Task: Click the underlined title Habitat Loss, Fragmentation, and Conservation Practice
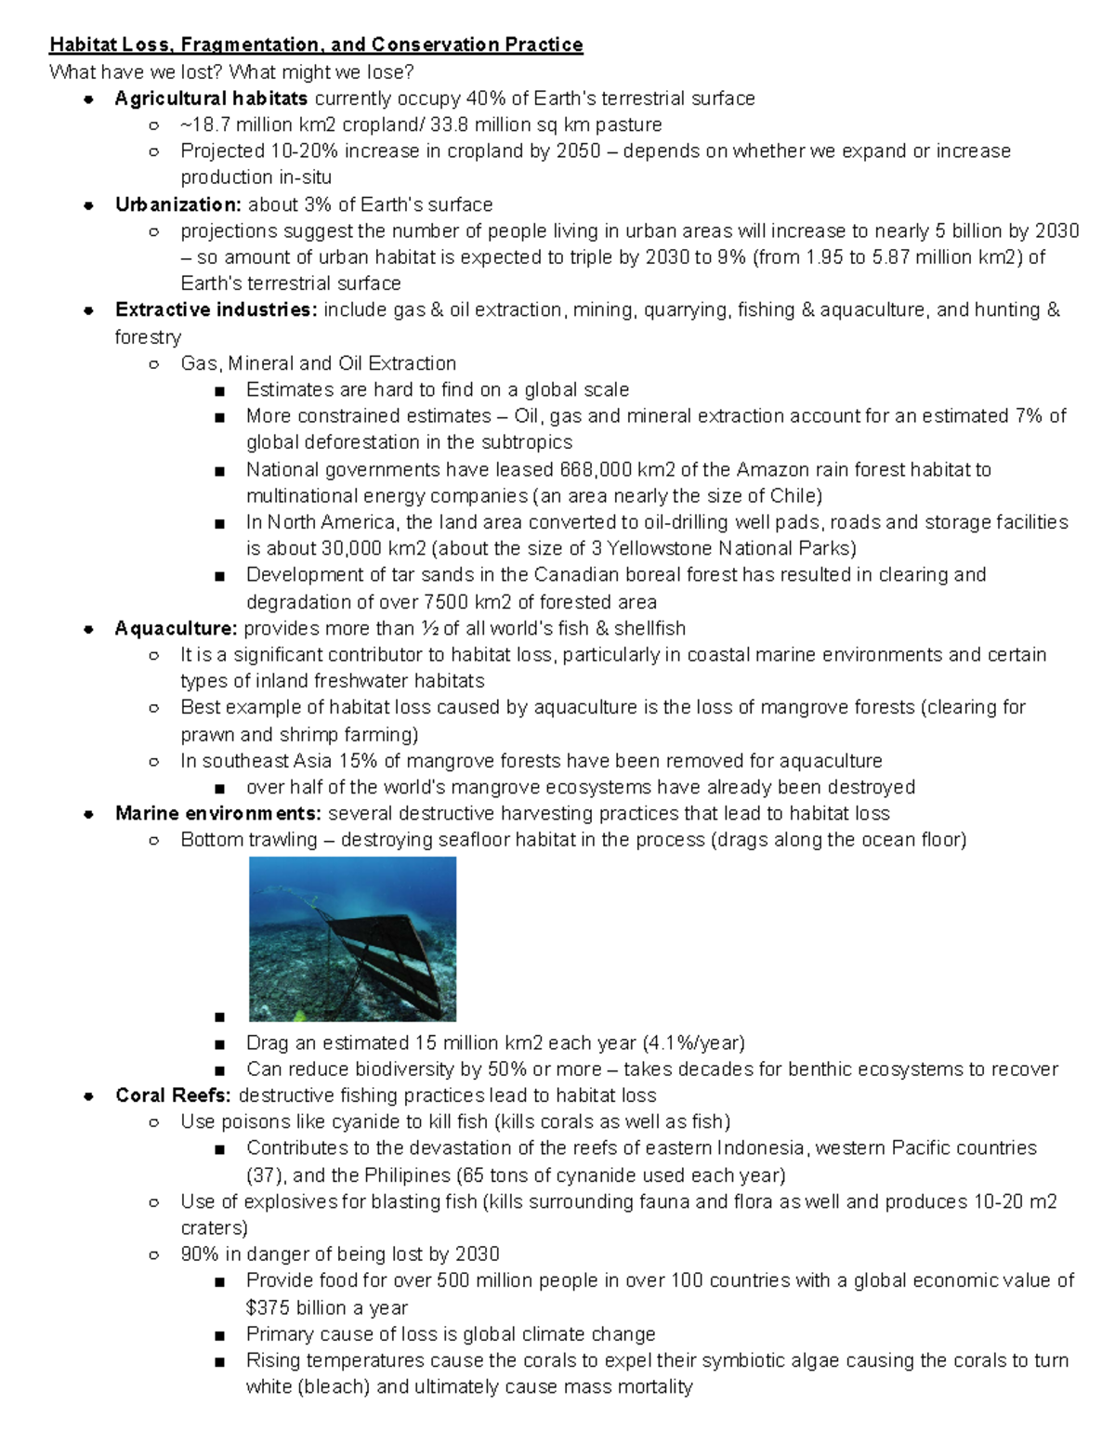(316, 45)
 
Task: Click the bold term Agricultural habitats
(211, 98)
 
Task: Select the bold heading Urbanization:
(178, 204)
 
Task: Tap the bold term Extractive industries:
(216, 309)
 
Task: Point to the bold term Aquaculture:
(176, 628)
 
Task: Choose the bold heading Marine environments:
(218, 814)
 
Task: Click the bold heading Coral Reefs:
(173, 1095)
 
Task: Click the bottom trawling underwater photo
(352, 938)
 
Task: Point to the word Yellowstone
(660, 548)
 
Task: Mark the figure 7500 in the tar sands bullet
(445, 602)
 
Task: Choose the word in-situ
(303, 177)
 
